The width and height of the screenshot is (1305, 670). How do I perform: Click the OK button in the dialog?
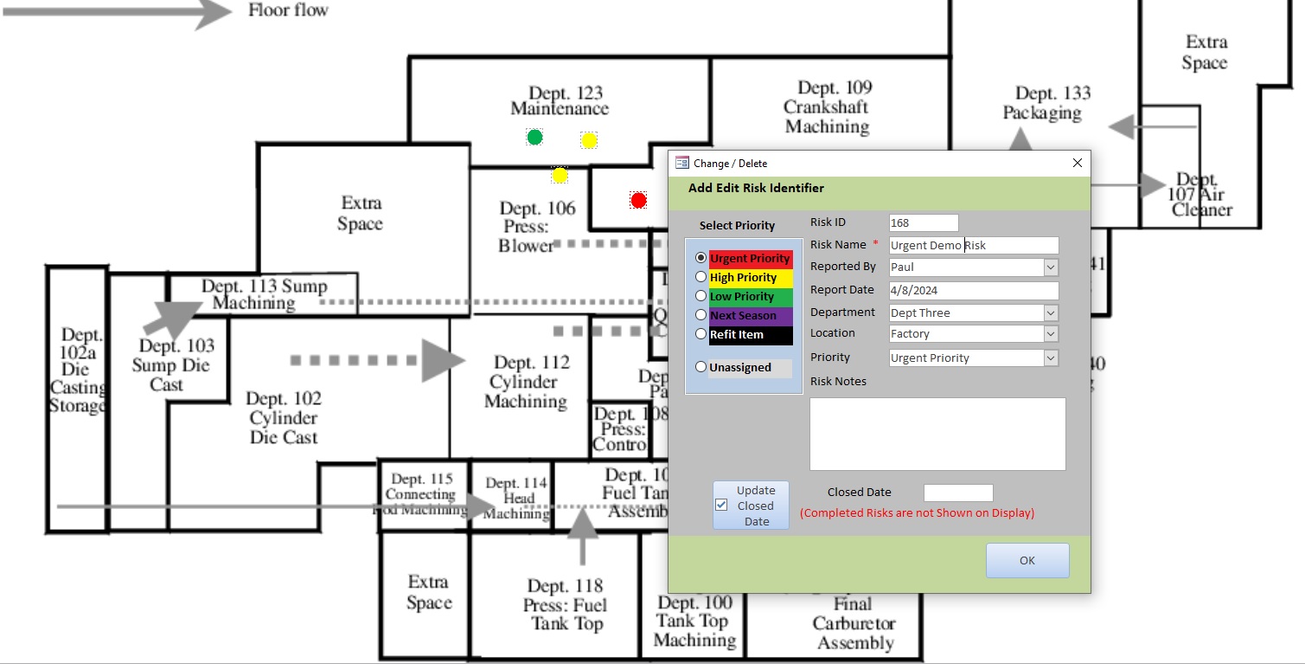[1027, 560]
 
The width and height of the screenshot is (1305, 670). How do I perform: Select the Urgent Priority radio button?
[701, 258]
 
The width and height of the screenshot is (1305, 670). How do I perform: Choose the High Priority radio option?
[701, 277]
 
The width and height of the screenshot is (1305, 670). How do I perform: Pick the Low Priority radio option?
[701, 296]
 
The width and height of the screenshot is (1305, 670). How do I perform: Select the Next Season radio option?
[701, 315]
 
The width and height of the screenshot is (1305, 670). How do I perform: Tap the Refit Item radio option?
[701, 334]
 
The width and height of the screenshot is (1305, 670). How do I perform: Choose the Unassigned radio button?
[701, 367]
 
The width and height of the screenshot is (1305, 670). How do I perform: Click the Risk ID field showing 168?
[923, 223]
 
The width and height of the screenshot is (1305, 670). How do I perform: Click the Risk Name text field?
[973, 246]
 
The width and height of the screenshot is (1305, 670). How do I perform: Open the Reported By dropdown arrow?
[1051, 267]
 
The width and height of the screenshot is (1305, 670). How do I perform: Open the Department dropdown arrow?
[1051, 313]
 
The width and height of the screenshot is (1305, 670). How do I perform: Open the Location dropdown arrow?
[1051, 334]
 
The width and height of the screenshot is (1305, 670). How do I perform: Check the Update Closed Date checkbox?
[722, 505]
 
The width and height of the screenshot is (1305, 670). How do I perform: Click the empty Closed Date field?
[958, 493]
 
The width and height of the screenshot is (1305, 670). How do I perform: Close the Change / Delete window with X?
[1078, 163]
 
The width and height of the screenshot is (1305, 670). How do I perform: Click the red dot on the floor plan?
[638, 201]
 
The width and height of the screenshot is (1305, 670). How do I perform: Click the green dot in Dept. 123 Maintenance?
[535, 137]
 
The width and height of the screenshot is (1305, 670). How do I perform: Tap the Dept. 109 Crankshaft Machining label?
[828, 107]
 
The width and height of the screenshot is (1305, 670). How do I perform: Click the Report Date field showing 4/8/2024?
[973, 290]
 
